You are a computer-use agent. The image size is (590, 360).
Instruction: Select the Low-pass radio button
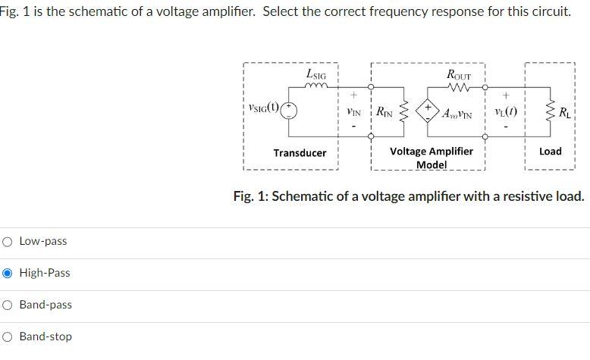pos(8,241)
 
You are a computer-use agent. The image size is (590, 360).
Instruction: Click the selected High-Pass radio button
pos(8,273)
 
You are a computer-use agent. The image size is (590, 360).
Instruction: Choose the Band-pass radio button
pos(8,305)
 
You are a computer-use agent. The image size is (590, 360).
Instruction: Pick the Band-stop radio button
pos(8,337)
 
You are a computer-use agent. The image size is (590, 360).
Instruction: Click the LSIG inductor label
pos(316,74)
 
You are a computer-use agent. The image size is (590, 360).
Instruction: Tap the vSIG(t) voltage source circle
pos(290,111)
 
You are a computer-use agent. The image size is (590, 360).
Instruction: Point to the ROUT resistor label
pos(459,75)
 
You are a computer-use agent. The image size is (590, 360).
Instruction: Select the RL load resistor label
pos(565,114)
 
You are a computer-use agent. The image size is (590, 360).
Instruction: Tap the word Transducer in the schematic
pos(300,153)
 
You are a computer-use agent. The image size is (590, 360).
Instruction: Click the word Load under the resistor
pos(550,152)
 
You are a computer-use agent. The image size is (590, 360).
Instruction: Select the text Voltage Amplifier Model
pos(431,158)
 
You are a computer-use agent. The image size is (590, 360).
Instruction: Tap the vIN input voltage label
pos(353,111)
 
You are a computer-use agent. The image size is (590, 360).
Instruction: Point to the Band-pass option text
pos(46,305)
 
